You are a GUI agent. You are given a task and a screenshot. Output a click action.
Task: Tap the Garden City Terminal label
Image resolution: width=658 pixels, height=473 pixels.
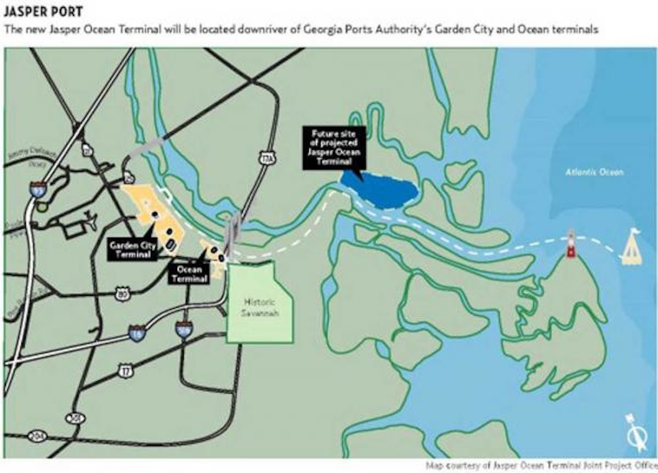[x=132, y=250]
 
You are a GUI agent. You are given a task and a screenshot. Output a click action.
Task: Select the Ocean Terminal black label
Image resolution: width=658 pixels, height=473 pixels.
[x=189, y=274]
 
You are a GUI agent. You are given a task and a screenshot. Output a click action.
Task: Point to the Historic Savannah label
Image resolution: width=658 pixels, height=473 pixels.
[x=260, y=307]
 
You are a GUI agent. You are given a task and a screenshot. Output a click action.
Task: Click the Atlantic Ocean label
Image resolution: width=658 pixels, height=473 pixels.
[x=594, y=172]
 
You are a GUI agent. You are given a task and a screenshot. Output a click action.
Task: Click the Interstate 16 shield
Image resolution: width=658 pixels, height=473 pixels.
[x=137, y=331]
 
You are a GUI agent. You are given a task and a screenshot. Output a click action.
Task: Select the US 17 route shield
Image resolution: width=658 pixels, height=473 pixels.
[x=126, y=371]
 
